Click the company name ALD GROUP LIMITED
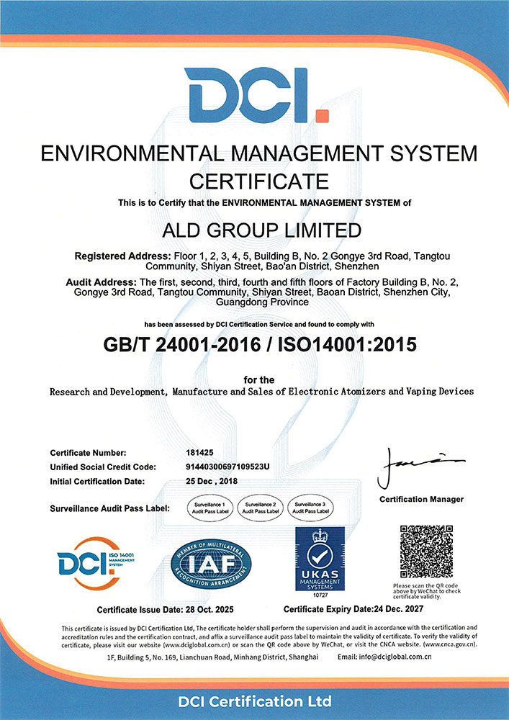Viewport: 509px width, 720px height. pyautogui.click(x=254, y=231)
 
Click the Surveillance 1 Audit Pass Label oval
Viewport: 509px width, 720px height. pyautogui.click(x=208, y=507)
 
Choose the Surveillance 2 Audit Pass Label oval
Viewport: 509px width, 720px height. pyautogui.click(x=258, y=507)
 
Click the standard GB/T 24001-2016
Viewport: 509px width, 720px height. pyautogui.click(x=176, y=344)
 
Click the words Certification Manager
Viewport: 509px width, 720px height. pyautogui.click(x=421, y=500)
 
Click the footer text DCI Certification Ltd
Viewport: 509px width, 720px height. pyautogui.click(x=254, y=701)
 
